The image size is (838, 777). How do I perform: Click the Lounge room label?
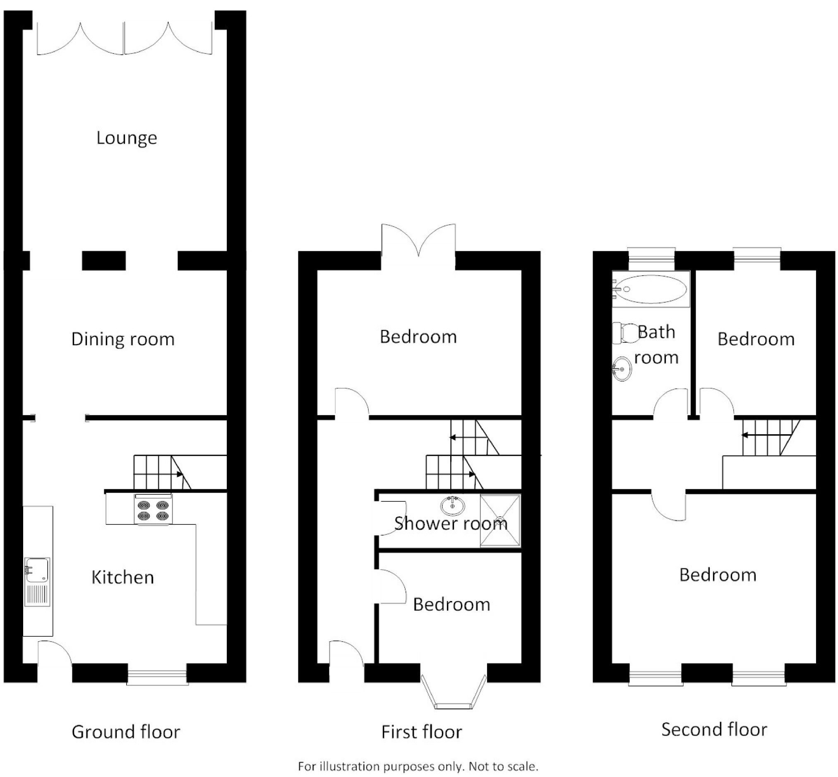[x=127, y=138]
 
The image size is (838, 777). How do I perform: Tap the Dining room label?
[x=123, y=339]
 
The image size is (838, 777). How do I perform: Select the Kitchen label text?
[x=123, y=577]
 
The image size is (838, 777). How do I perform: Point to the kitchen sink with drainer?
[x=37, y=582]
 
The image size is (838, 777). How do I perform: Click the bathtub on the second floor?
[x=651, y=289]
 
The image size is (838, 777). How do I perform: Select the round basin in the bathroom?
[x=622, y=369]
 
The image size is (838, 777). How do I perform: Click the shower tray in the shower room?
[x=500, y=521]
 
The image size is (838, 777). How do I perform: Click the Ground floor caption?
[x=126, y=732]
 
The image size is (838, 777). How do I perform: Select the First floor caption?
[x=422, y=732]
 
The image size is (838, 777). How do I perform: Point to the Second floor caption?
[x=714, y=729]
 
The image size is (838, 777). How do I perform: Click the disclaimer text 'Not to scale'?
[x=503, y=766]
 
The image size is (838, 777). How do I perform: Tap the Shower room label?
[x=451, y=524]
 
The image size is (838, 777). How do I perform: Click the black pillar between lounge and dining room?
[x=104, y=261]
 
